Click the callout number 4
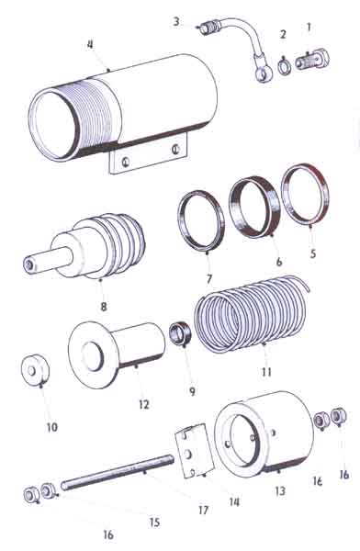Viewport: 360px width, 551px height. (x=91, y=45)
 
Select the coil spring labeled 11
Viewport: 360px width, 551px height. (x=252, y=314)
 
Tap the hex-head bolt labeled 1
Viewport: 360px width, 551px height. (x=312, y=60)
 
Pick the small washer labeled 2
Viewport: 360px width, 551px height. (x=284, y=67)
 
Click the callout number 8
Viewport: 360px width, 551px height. (x=104, y=306)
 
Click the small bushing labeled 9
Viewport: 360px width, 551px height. (x=180, y=333)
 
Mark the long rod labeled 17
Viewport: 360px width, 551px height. (x=118, y=470)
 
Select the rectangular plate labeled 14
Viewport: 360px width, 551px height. (x=195, y=451)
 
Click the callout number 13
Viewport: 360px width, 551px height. (x=280, y=490)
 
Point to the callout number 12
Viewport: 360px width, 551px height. (x=144, y=404)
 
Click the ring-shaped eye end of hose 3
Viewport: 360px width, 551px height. (x=263, y=73)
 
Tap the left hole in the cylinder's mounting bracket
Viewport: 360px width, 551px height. (x=125, y=162)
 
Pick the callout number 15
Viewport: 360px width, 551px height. (x=154, y=523)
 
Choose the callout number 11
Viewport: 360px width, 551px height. (x=266, y=372)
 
